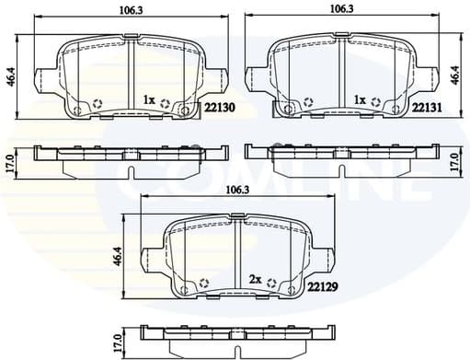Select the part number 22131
[x=429, y=108]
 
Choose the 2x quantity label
[x=255, y=277]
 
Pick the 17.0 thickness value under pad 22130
[x=10, y=159]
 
